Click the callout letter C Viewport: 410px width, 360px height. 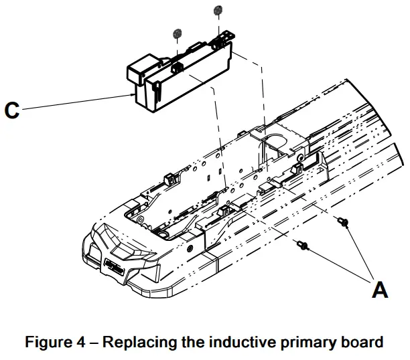pyautogui.click(x=12, y=110)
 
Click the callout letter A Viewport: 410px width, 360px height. pyautogui.click(x=380, y=290)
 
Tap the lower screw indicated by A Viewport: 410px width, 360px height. pyautogui.click(x=303, y=247)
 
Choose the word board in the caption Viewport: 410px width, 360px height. pyautogui.click(x=355, y=343)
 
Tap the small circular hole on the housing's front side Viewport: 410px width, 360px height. pyautogui.click(x=192, y=247)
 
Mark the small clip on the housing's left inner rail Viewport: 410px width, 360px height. pyautogui.click(x=168, y=179)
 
